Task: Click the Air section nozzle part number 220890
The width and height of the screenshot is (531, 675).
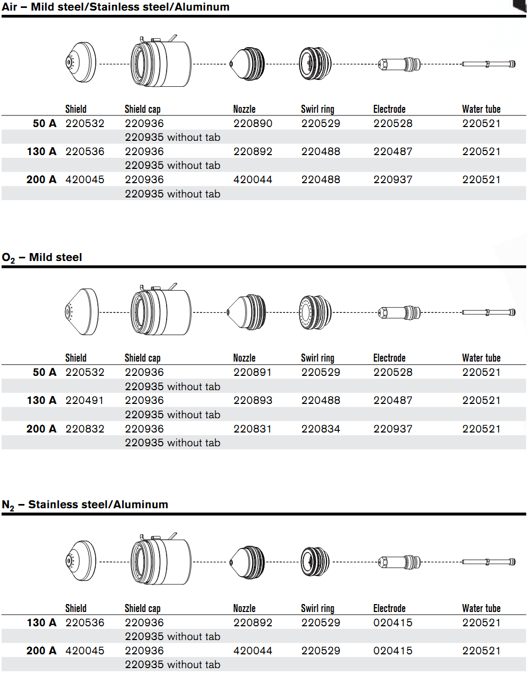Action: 253,123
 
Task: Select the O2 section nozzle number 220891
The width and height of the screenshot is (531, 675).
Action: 252,372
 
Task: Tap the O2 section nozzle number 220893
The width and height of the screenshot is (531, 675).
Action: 253,400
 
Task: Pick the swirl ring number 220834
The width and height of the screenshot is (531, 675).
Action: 321,429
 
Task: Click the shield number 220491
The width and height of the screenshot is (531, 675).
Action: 84,400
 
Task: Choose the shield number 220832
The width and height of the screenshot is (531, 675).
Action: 85,429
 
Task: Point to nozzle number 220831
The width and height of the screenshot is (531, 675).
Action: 252,429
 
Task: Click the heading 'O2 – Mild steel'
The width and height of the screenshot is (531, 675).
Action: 42,257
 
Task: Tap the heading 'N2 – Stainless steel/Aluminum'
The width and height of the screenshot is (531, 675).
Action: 85,505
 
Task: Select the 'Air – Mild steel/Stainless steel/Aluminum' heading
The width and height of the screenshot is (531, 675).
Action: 115,6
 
